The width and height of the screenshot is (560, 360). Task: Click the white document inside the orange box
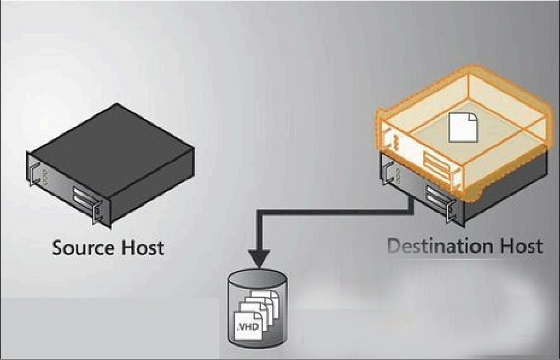[463, 127]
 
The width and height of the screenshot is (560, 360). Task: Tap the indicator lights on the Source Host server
[44, 175]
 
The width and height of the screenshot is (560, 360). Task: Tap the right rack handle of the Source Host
[97, 212]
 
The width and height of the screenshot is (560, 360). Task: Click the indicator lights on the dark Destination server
[399, 174]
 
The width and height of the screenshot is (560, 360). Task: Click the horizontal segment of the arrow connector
[338, 213]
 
